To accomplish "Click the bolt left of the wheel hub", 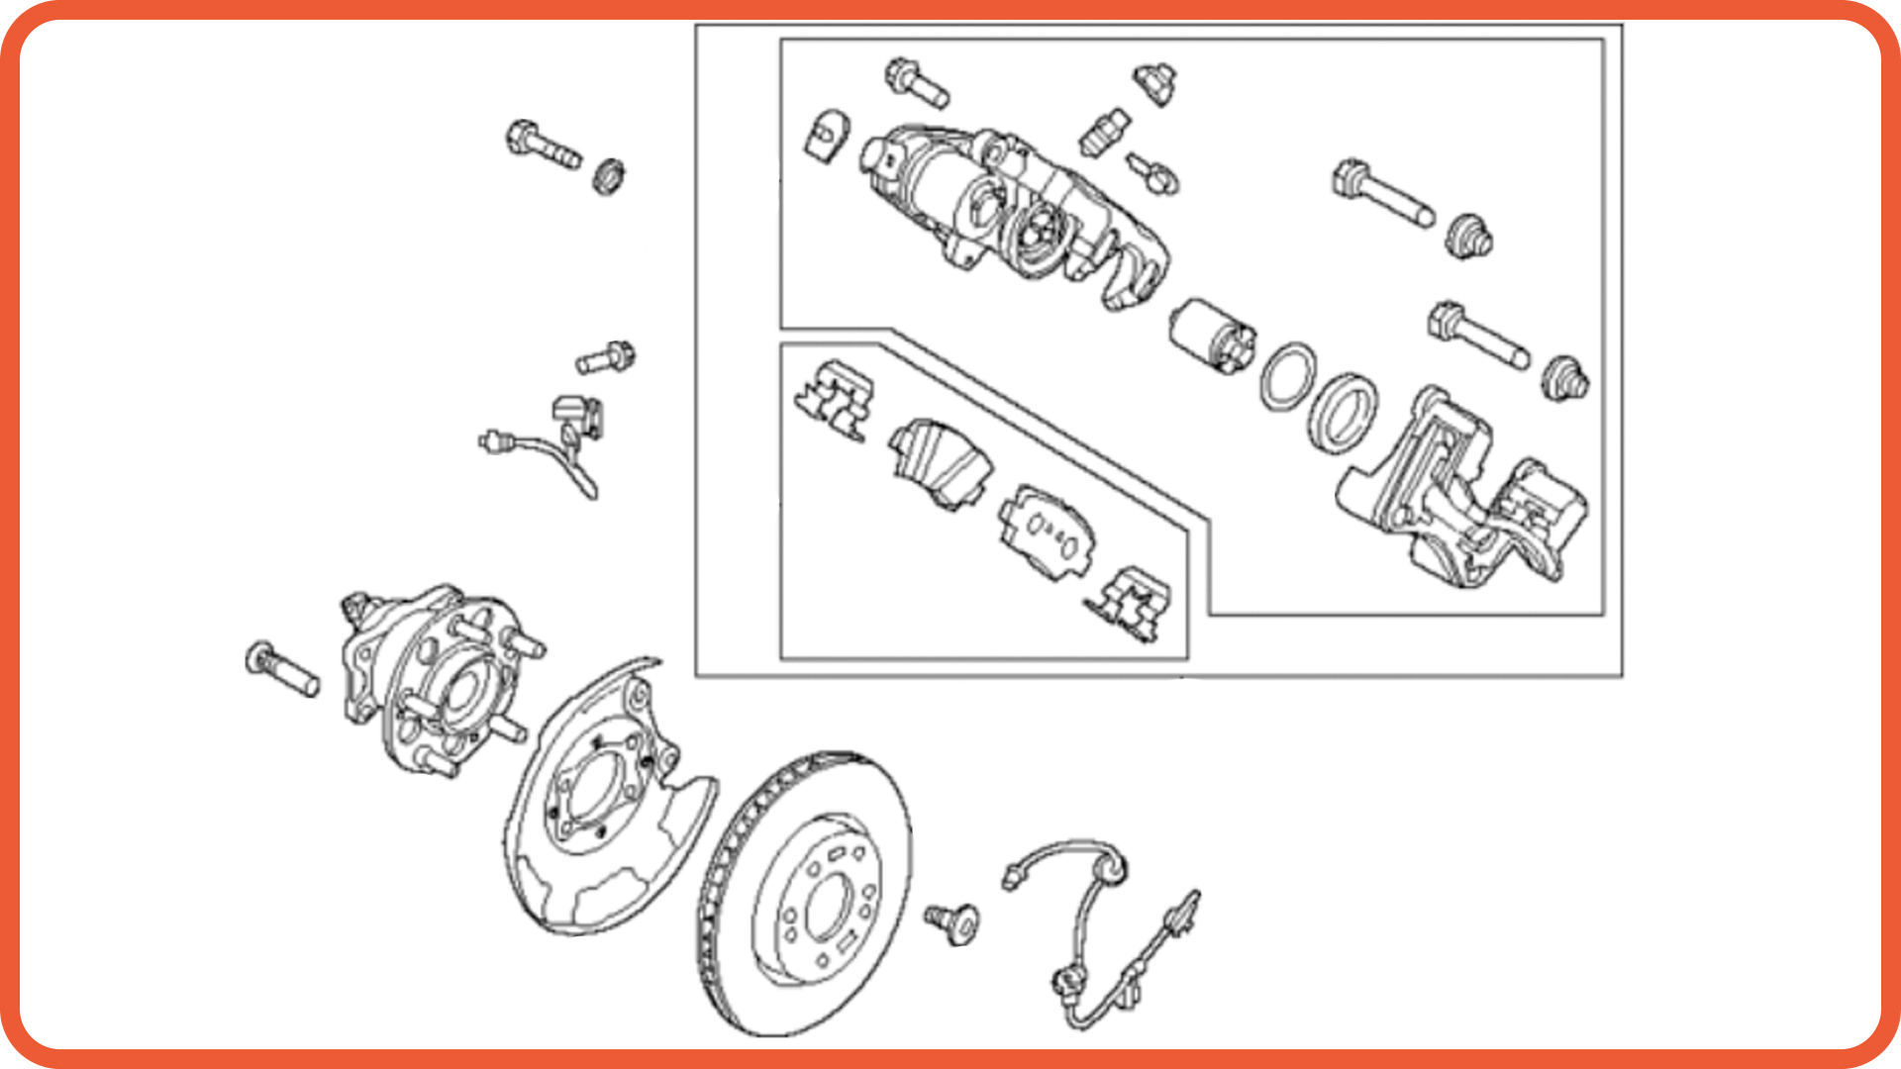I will (x=282, y=669).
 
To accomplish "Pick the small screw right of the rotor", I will (x=952, y=922).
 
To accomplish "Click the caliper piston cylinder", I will (x=1211, y=336).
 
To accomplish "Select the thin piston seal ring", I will (x=1288, y=376).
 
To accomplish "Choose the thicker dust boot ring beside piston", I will (x=1342, y=413).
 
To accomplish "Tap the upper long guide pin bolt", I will (x=1381, y=194).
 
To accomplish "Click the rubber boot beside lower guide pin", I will (x=1565, y=378).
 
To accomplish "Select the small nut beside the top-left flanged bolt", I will (x=608, y=177).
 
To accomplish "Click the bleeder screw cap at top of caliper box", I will (x=1154, y=83).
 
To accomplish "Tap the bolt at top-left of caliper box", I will (x=917, y=83).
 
